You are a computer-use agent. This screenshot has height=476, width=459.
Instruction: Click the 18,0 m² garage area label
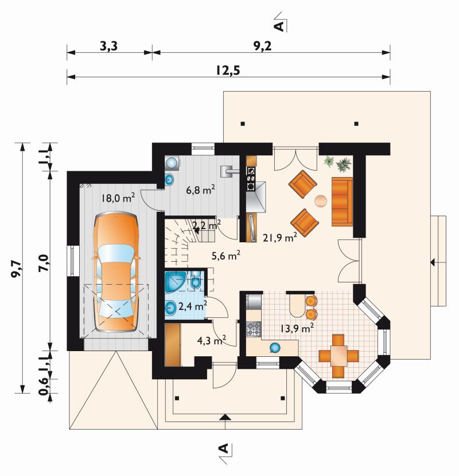(x=118, y=198)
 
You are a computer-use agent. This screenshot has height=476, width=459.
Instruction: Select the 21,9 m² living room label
(x=279, y=237)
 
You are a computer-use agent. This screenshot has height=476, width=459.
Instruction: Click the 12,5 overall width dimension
(x=228, y=70)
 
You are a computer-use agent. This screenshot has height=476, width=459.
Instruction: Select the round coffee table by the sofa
(x=320, y=201)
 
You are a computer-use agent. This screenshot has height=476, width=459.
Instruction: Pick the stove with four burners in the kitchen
(x=254, y=329)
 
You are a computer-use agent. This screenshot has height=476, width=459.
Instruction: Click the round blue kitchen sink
(x=275, y=347)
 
